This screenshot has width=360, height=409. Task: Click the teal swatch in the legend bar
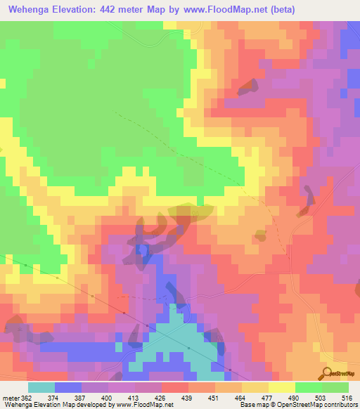tap(41, 388)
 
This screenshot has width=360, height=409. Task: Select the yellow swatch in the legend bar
tap(282, 388)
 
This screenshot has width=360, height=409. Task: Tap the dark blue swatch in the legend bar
tap(67, 388)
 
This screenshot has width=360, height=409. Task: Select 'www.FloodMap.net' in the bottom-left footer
tap(143, 405)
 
